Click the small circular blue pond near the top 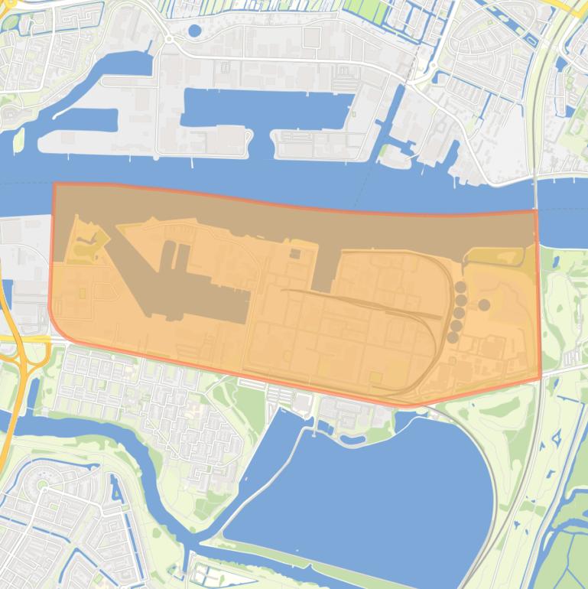pyautogui.click(x=194, y=31)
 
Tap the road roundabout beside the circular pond pyautogui.click(x=168, y=39)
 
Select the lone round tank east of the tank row pyautogui.click(x=484, y=304)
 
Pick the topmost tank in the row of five pyautogui.click(x=461, y=287)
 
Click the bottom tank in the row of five pyautogui.click(x=453, y=337)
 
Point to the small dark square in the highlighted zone pyautogui.click(x=295, y=254)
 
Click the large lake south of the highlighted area pyautogui.click(x=367, y=490)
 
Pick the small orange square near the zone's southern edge pyautogui.click(x=375, y=376)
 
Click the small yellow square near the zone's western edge pyautogui.click(x=83, y=292)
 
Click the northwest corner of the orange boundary pyautogui.click(x=54, y=184)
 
